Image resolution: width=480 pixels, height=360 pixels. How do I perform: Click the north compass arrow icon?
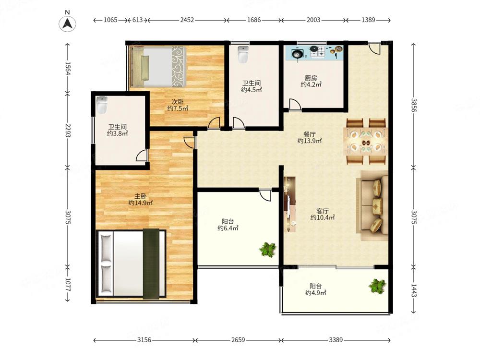[67, 24]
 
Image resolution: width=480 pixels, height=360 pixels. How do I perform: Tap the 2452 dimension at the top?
[187, 20]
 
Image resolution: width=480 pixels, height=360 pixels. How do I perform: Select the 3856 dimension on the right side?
[414, 105]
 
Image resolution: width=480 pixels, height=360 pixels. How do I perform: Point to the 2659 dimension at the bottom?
[238, 340]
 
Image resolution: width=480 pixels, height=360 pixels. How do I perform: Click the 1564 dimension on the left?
[68, 68]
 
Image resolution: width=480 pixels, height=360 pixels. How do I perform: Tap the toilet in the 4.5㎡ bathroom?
[243, 54]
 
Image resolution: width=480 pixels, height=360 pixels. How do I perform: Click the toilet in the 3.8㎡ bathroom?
[102, 105]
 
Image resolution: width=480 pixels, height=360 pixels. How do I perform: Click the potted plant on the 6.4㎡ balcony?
[268, 249]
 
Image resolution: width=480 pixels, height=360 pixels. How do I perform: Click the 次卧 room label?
[178, 101]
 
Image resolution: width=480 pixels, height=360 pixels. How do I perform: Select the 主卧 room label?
[141, 196]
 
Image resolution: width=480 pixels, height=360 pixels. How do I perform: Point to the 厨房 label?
[311, 78]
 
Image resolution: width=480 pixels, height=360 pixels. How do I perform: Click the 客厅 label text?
[323, 211]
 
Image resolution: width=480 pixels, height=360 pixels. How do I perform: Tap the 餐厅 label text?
[310, 134]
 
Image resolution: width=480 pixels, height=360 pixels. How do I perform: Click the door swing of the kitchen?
[295, 104]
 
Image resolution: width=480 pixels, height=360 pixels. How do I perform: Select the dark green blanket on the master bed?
[151, 264]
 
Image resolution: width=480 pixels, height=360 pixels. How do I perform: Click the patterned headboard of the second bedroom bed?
[179, 66]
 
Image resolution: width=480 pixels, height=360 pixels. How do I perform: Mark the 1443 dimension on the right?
[414, 290]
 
